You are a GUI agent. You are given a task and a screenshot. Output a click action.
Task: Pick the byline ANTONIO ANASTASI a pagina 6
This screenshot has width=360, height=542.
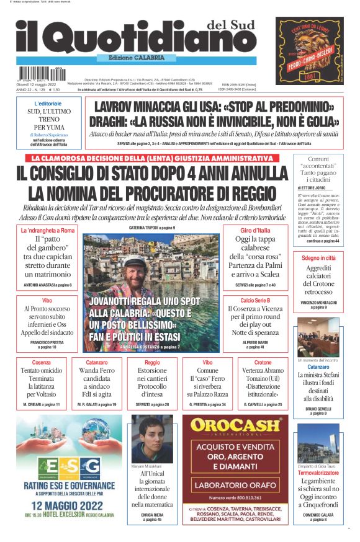(x=48, y=285)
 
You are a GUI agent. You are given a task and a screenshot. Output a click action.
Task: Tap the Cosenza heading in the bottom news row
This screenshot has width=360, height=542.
(x=41, y=362)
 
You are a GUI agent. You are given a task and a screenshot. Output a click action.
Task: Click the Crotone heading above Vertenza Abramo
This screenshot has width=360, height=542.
(x=263, y=362)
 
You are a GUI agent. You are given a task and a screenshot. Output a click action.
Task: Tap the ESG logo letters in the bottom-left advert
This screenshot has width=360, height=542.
(x=70, y=465)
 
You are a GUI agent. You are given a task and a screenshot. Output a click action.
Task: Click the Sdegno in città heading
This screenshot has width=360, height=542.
(x=318, y=257)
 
